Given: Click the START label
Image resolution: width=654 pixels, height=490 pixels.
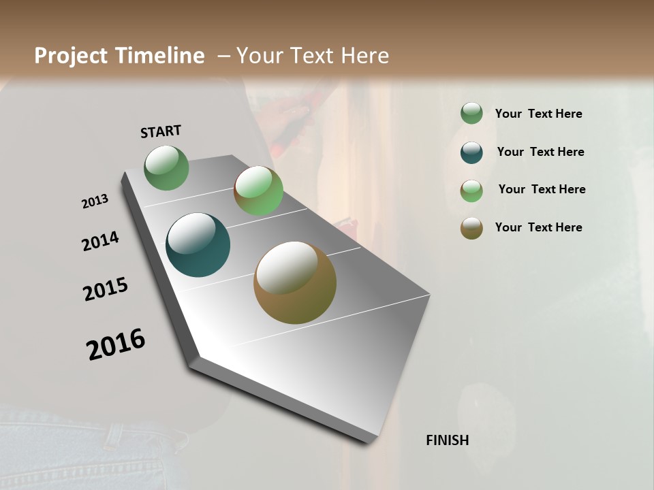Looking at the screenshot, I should tap(161, 131).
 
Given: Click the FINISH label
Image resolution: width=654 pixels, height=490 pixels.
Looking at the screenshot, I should tap(448, 440).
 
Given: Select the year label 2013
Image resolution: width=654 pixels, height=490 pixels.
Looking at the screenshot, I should tap(95, 201).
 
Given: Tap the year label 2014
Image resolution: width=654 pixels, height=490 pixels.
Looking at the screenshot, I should tap(101, 242).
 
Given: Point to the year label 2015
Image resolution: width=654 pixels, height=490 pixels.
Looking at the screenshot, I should tap(106, 289).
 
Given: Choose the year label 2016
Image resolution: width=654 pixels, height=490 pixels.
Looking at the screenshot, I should tap(116, 344).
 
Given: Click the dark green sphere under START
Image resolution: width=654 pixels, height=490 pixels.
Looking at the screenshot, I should tap(167, 168).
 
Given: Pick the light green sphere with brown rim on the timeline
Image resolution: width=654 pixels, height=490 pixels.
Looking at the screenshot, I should tap(258, 191).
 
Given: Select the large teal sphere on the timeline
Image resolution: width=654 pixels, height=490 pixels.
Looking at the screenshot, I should tap(198, 245).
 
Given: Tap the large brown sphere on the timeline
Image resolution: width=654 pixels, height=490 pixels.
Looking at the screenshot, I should tap(295, 282).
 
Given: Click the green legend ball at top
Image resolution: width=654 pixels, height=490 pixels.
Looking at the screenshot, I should tap(471, 114).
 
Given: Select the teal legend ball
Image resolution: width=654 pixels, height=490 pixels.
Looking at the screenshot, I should tap(471, 152).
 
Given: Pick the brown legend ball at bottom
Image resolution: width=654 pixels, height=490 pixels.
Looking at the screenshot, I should tap(471, 228).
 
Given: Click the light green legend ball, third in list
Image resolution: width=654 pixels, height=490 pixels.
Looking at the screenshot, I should tap(471, 190).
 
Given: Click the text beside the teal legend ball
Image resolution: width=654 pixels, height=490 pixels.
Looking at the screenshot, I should tap(540, 152).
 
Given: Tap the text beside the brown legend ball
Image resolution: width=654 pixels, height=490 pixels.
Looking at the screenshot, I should tap(538, 227).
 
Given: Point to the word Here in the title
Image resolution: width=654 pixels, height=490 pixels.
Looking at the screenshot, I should tap(364, 56).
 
